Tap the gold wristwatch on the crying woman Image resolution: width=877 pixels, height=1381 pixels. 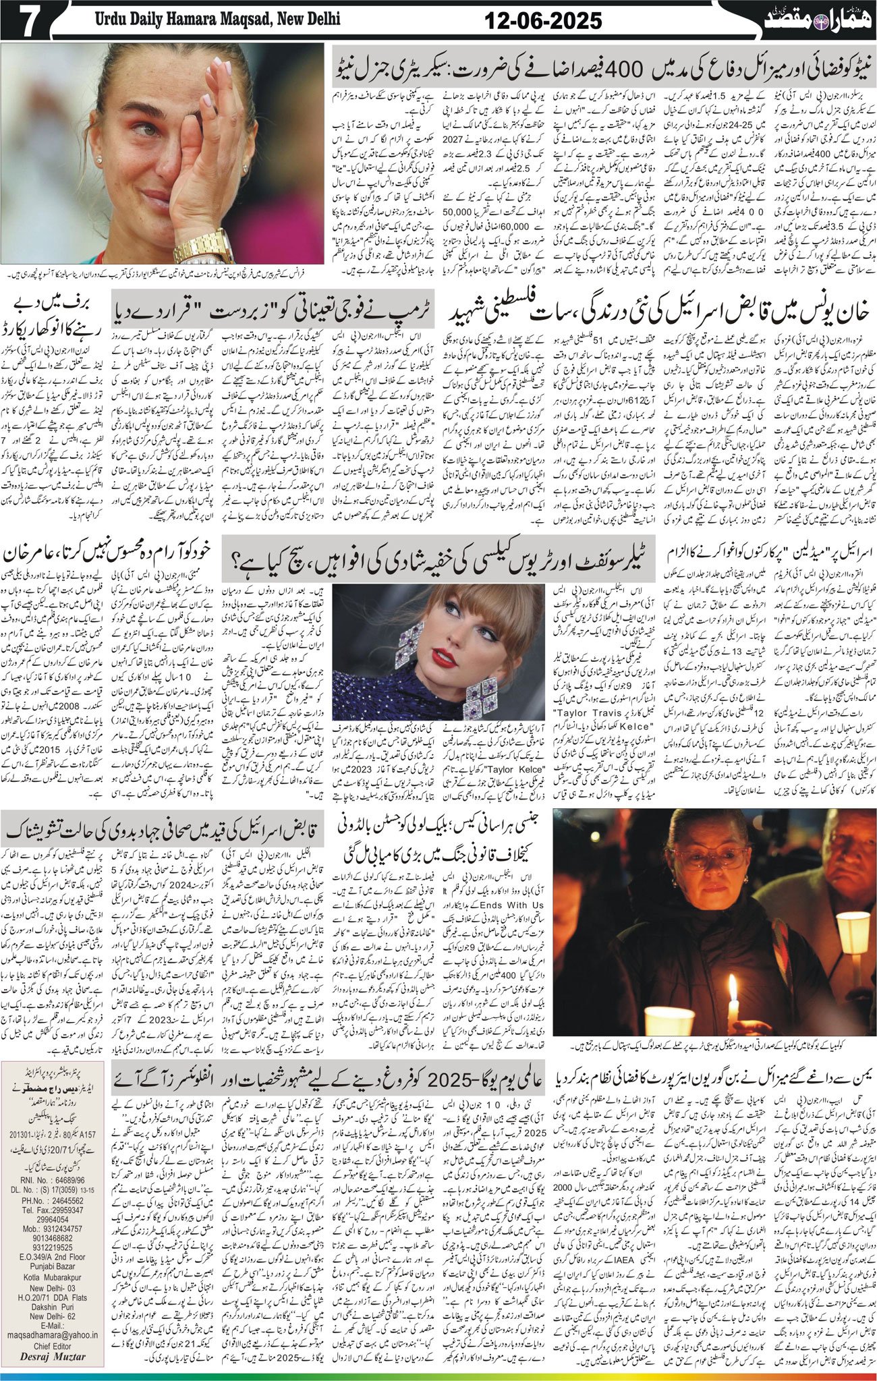pos(203,243)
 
